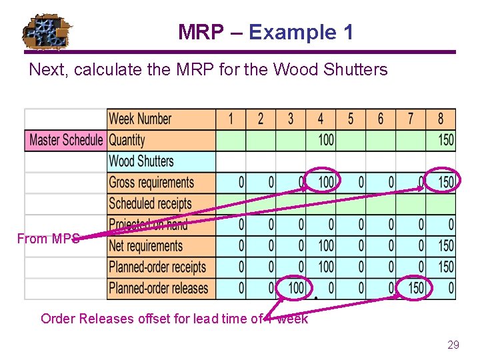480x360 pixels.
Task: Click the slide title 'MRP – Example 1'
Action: click(x=265, y=32)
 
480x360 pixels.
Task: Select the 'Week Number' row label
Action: click(x=141, y=119)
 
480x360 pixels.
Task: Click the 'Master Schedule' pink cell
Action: click(x=66, y=140)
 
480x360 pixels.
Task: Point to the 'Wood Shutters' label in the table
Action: click(x=141, y=161)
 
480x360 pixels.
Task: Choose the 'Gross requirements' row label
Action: click(x=151, y=183)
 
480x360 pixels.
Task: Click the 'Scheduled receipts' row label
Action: click(x=150, y=204)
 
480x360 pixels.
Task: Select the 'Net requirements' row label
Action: click(x=145, y=246)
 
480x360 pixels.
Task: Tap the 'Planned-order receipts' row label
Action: click(x=158, y=267)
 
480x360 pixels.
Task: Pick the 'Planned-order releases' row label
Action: click(x=159, y=289)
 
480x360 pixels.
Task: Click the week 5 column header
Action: click(x=351, y=119)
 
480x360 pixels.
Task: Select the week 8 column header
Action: click(x=441, y=119)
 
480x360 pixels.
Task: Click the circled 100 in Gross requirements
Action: click(x=325, y=182)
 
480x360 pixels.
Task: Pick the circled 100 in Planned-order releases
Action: click(x=295, y=289)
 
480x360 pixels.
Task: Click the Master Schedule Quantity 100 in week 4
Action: click(x=326, y=140)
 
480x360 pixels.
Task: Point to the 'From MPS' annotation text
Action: click(x=48, y=239)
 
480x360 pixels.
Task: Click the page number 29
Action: click(x=453, y=345)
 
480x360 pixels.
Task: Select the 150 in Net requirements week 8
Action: click(x=445, y=246)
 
